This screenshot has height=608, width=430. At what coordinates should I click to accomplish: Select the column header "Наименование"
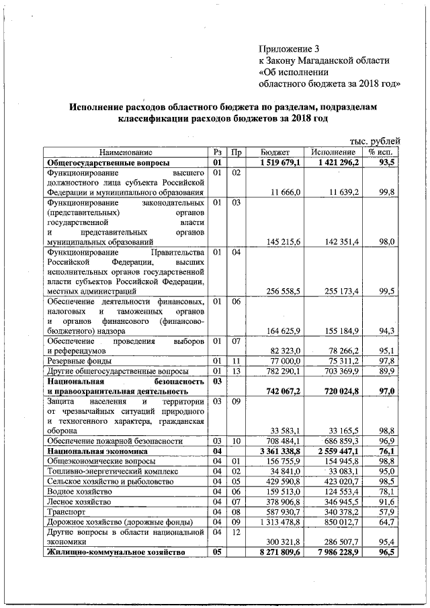(x=126, y=153)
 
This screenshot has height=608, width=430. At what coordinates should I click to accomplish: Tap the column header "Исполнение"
(x=329, y=153)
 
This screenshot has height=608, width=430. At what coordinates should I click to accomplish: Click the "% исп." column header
(x=380, y=153)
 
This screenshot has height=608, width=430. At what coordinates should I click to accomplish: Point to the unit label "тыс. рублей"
(x=375, y=141)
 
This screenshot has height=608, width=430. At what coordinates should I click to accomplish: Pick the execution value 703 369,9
(x=339, y=370)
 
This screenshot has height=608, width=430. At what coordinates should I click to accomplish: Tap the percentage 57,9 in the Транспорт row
(x=387, y=511)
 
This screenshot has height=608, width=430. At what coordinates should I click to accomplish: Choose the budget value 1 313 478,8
(x=279, y=521)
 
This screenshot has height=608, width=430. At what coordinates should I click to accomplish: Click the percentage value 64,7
(x=387, y=521)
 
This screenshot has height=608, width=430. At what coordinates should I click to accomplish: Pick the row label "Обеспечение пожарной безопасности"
(x=115, y=441)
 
